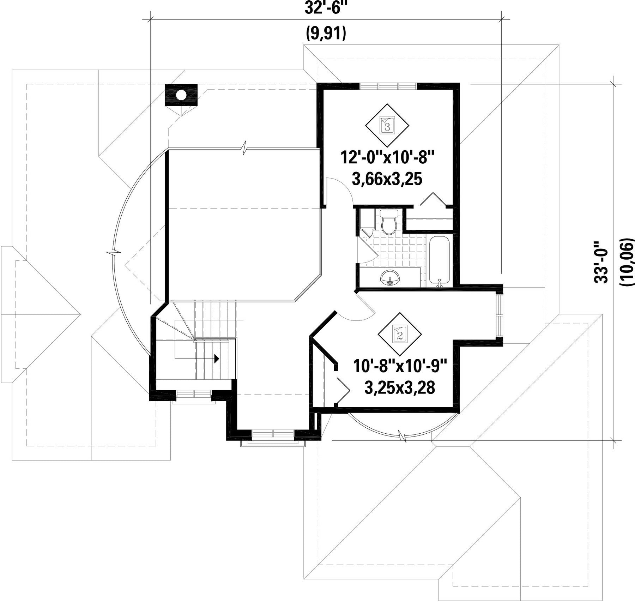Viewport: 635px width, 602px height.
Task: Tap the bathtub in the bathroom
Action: coord(440,261)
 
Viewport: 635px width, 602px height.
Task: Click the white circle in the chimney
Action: coord(181,95)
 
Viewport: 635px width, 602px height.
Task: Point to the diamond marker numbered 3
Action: coord(387,126)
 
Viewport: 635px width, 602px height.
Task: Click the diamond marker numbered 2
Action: coord(400,335)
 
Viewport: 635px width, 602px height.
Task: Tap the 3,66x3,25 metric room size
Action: coord(387,180)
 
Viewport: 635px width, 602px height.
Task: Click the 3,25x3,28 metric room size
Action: coord(400,388)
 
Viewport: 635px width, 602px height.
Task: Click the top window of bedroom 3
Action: coord(388,86)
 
